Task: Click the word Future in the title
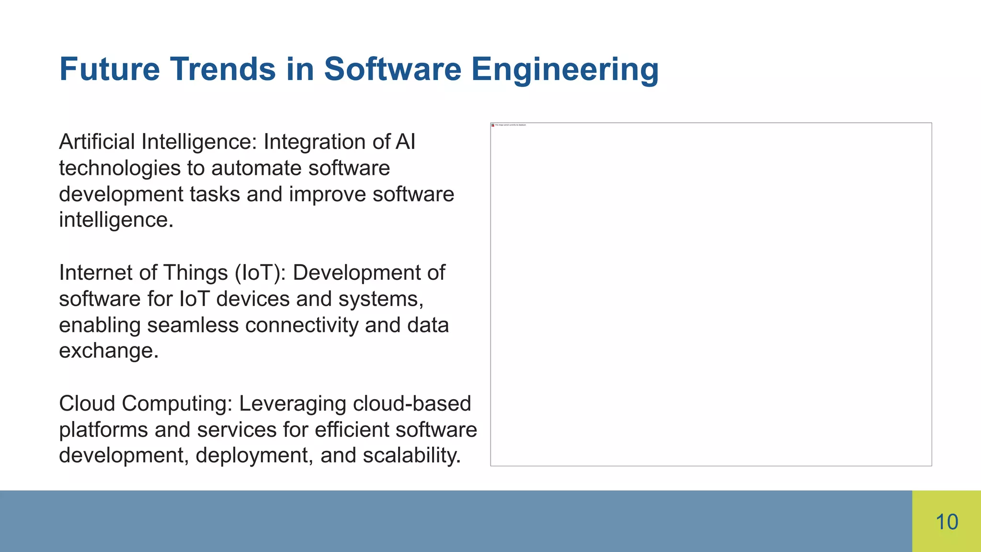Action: (x=109, y=69)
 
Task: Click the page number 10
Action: (x=947, y=522)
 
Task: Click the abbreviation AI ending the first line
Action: (x=405, y=142)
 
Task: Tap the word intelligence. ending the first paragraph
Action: (x=116, y=220)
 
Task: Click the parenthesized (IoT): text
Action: (x=260, y=273)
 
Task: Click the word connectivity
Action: (x=302, y=325)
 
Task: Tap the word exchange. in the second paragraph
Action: (x=109, y=351)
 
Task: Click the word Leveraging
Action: (x=293, y=404)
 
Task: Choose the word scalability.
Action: (x=411, y=456)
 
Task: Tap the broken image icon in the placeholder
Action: (x=493, y=125)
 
